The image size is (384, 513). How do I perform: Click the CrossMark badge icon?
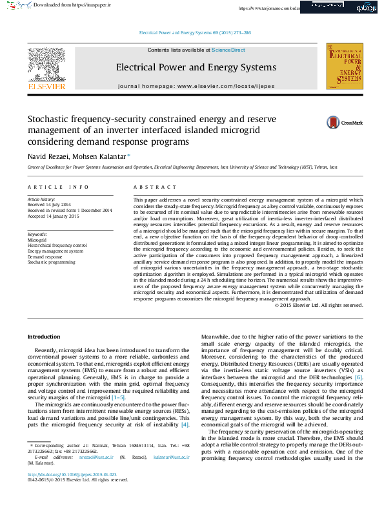333,122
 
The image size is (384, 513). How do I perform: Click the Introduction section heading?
43,337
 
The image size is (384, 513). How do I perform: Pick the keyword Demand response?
45,256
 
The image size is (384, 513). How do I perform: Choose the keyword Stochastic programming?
51,262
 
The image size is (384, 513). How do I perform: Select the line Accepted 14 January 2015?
54,216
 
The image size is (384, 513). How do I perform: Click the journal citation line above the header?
195,32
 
